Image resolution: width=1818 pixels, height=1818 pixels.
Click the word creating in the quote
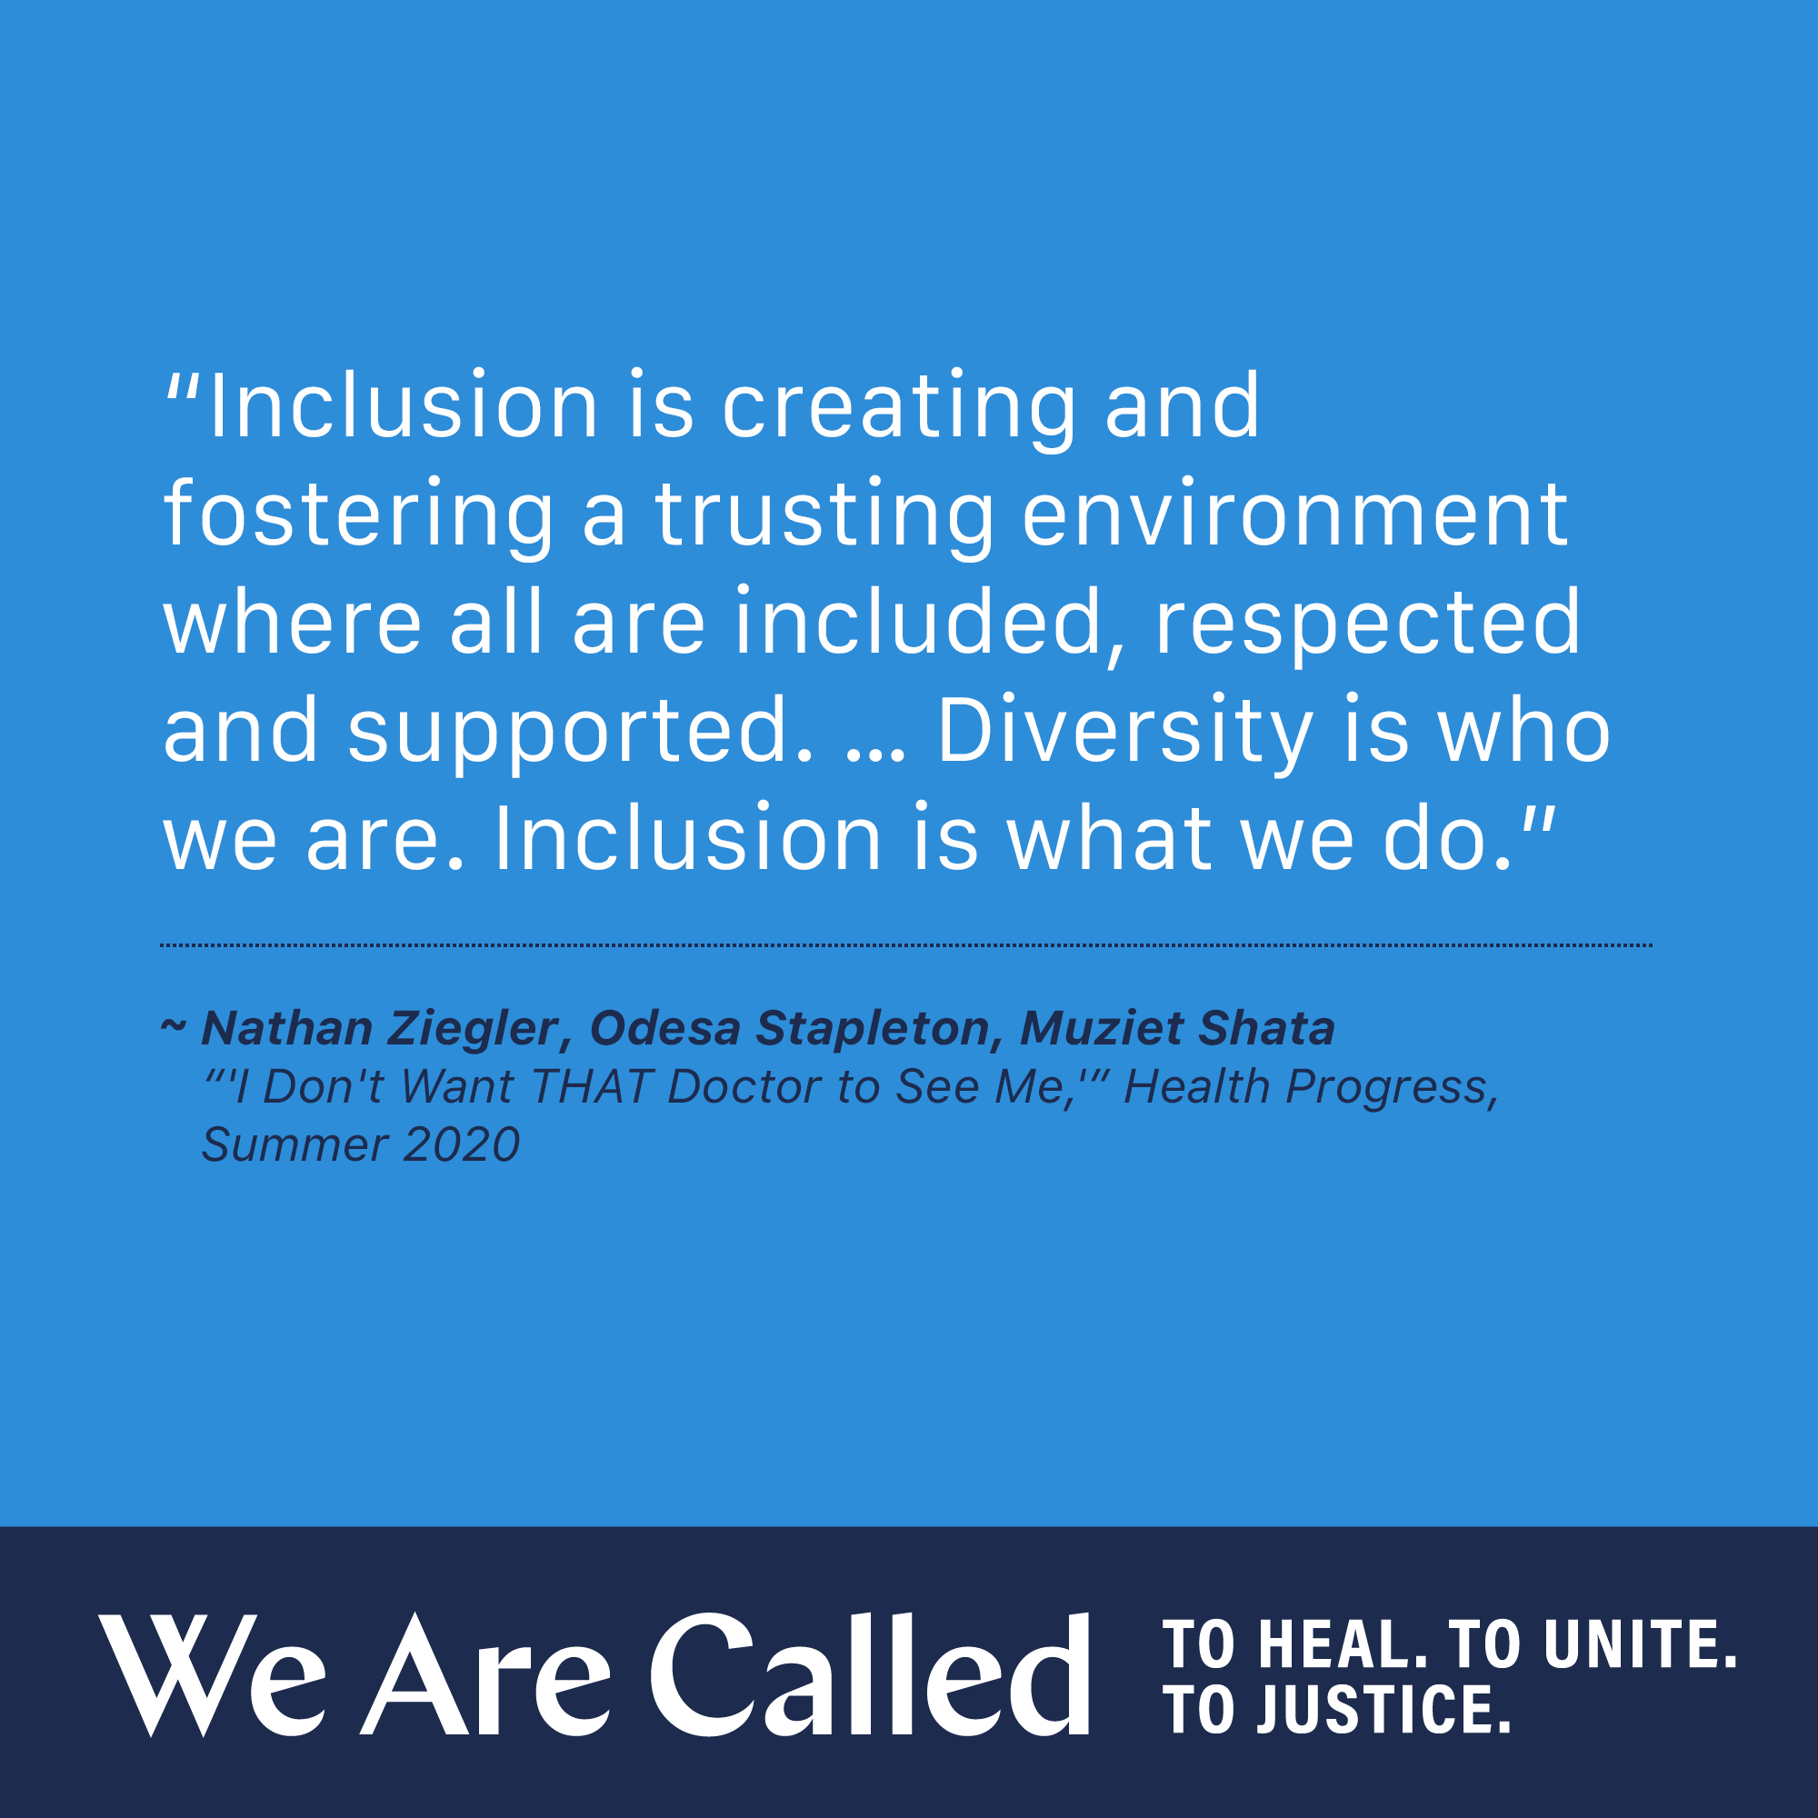click(x=898, y=406)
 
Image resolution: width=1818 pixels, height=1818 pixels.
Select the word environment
click(x=1294, y=514)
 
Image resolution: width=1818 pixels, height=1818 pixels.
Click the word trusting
click(x=824, y=514)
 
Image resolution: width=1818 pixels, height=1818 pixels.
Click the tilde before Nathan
click(x=173, y=1024)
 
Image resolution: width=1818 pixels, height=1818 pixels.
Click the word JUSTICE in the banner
click(x=1383, y=1709)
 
